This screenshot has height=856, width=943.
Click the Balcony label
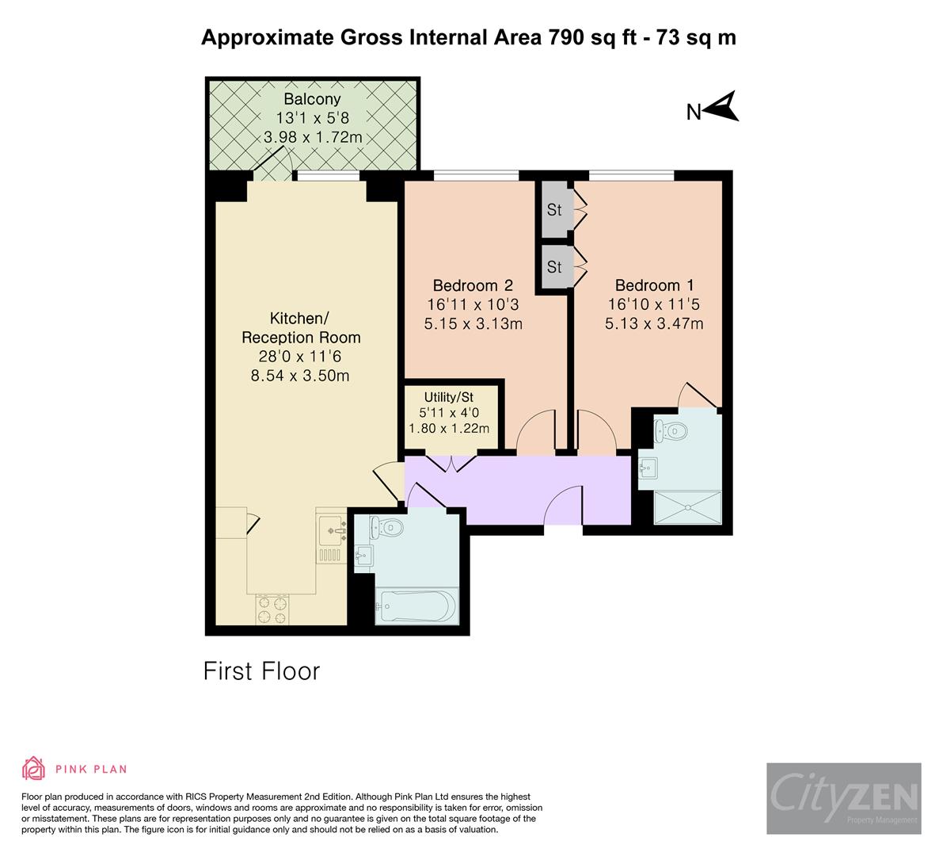[312, 99]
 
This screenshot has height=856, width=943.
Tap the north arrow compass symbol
[722, 107]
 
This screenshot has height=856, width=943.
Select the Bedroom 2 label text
[473, 285]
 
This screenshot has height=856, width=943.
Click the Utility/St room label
[449, 397]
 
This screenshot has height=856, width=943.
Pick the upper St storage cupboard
[554, 210]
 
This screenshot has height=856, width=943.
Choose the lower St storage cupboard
[554, 267]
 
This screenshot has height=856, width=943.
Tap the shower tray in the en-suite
[688, 507]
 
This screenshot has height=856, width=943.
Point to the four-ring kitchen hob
[272, 610]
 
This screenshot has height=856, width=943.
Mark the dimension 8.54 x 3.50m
[300, 376]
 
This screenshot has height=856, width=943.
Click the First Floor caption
[261, 671]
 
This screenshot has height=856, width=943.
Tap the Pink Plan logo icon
[33, 769]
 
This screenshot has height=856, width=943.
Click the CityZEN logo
[843, 798]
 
